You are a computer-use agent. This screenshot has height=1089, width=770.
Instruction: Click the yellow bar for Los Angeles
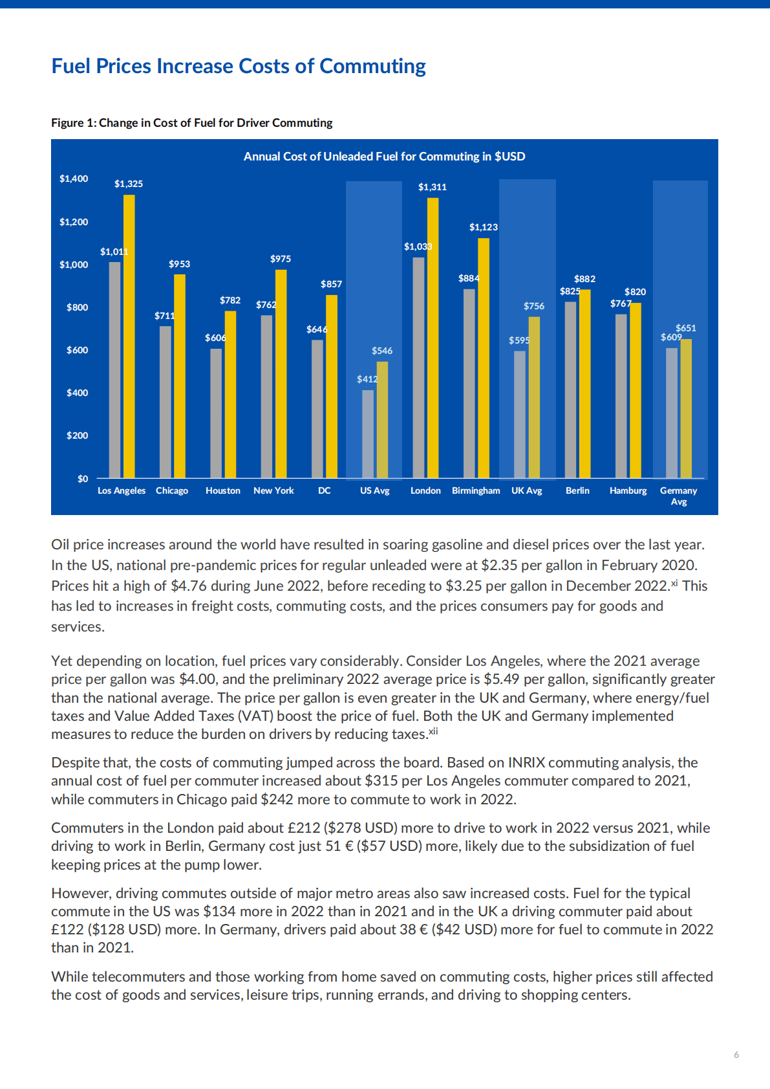click(129, 336)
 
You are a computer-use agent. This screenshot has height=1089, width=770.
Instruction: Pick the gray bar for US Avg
click(368, 434)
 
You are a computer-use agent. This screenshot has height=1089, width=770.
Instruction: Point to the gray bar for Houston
click(216, 413)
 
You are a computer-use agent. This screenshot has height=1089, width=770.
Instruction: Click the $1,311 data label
click(432, 187)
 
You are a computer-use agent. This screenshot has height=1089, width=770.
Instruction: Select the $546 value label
click(381, 351)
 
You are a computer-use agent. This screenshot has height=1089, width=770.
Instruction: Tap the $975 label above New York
click(281, 259)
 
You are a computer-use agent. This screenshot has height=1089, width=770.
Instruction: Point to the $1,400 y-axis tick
click(74, 179)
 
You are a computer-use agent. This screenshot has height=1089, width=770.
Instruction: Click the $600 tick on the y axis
click(77, 350)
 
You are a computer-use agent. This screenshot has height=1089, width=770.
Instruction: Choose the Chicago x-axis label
click(172, 490)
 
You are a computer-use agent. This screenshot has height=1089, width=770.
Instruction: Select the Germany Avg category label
click(678, 496)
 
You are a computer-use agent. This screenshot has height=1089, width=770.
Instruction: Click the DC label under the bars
click(325, 490)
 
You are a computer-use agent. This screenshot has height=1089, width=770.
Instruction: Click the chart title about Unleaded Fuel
click(384, 157)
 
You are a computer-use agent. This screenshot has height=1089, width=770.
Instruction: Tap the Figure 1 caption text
click(191, 123)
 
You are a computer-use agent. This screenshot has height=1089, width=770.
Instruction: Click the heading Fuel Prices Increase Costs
click(239, 66)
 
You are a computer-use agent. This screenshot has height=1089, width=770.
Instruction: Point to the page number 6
click(736, 1055)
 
